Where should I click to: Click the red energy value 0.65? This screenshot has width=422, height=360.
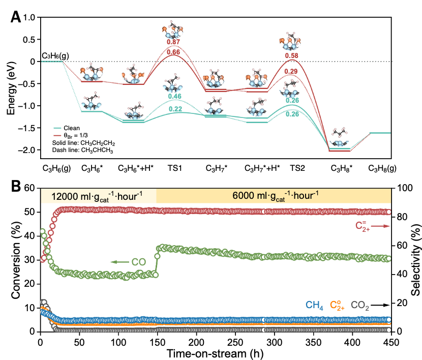[174, 52]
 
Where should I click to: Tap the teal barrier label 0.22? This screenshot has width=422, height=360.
[175, 109]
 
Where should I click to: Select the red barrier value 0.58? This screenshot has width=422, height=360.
[291, 55]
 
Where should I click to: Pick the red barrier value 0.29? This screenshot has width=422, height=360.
[291, 71]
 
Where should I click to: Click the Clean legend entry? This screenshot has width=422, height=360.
[71, 128]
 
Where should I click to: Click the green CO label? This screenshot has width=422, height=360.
[139, 262]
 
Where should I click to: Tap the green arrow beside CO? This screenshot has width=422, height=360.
[119, 262]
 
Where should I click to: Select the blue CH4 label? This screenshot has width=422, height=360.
[314, 306]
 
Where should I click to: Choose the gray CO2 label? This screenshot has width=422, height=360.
[360, 306]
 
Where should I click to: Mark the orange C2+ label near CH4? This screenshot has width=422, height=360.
[337, 305]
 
